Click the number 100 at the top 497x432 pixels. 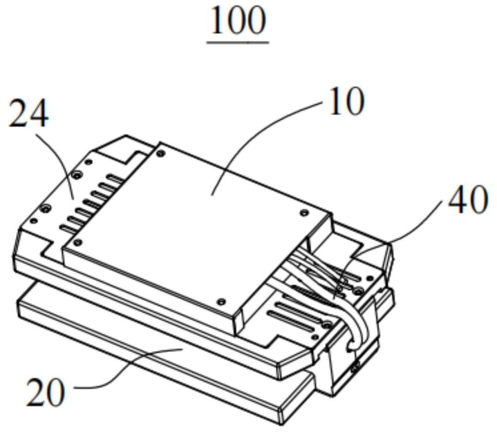(x=238, y=20)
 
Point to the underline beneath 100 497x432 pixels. (x=238, y=42)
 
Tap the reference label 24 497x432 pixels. (x=28, y=114)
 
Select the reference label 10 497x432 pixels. (x=347, y=101)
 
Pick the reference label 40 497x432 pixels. (x=468, y=200)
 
